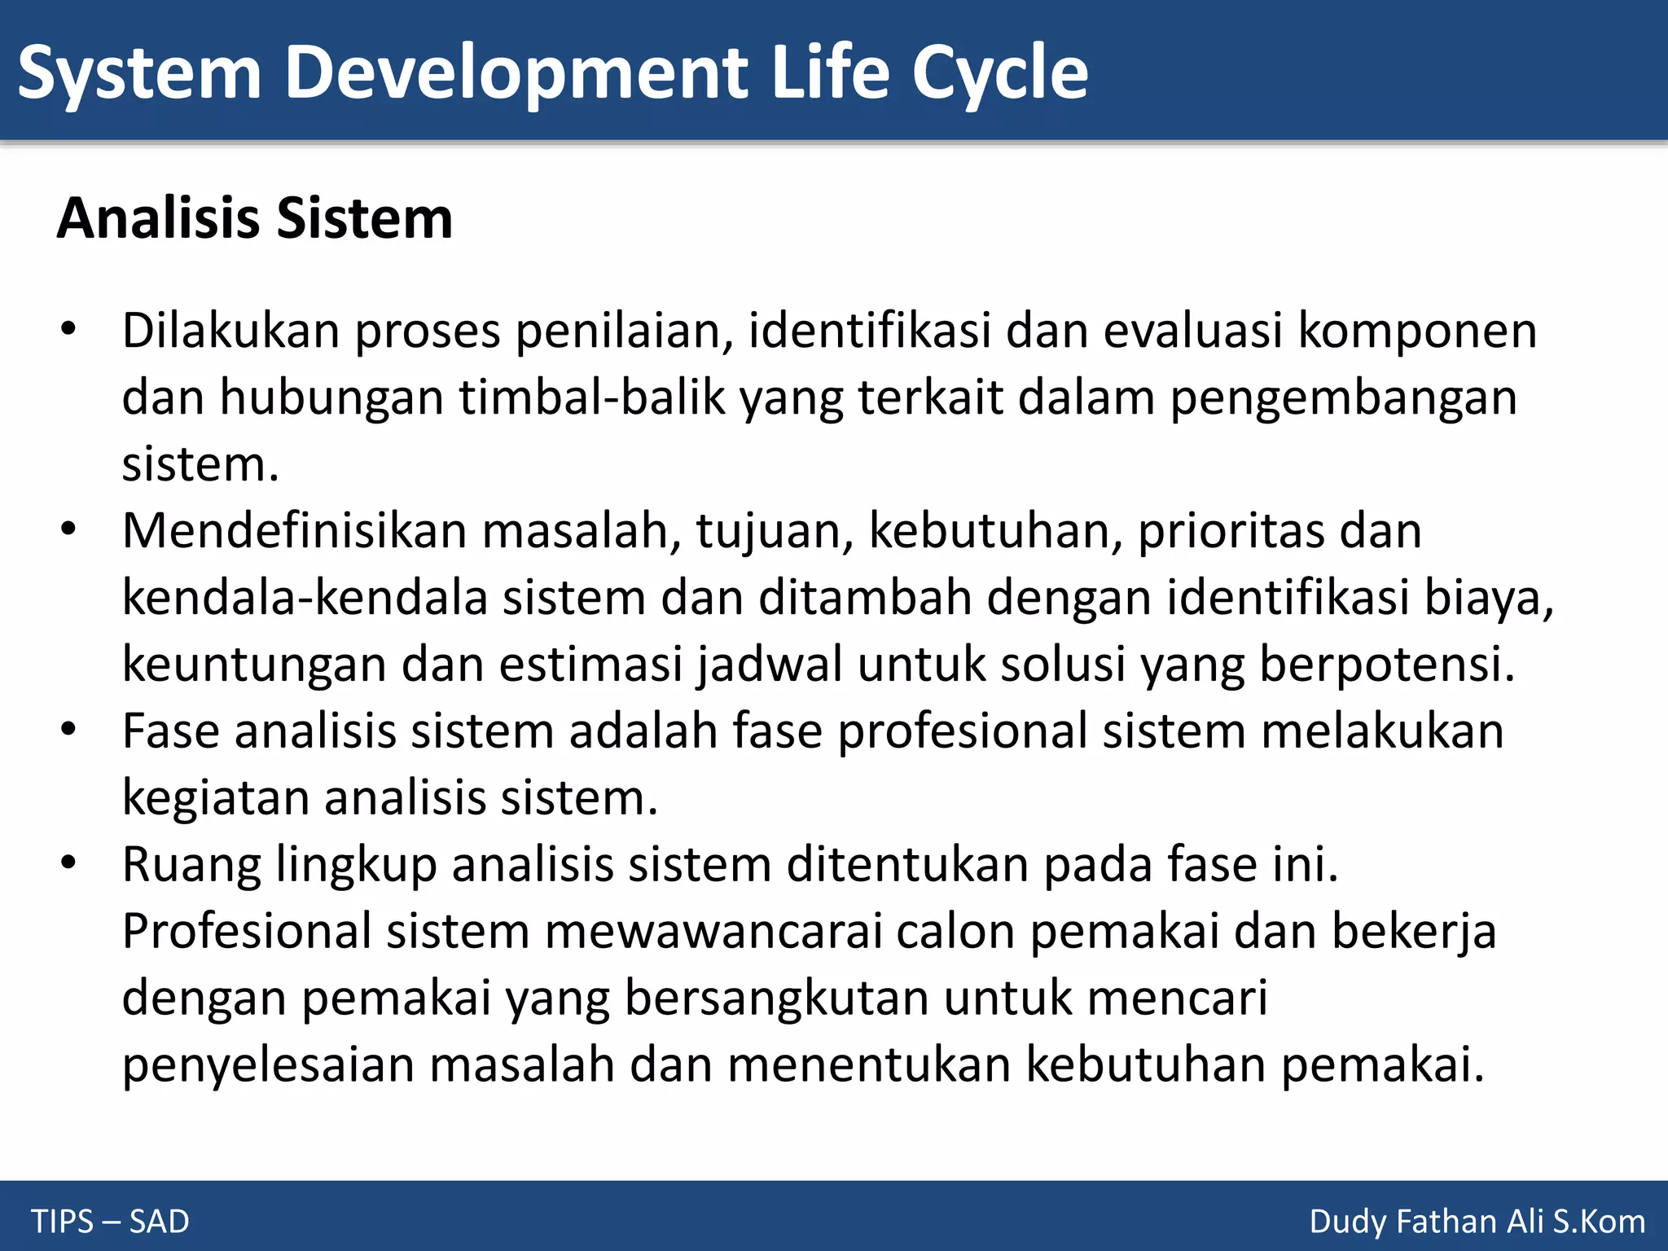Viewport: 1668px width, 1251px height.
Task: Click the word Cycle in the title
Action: [999, 73]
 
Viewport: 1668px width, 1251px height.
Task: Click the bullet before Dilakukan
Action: [68, 330]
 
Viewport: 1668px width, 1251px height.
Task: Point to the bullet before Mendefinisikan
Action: [68, 530]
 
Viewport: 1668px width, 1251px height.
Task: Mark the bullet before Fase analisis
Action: [68, 730]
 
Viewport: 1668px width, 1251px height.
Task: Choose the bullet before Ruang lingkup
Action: [68, 863]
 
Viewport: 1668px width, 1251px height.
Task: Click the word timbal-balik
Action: [592, 397]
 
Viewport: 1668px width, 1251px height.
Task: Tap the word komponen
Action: [1416, 331]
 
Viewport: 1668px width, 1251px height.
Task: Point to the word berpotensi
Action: [1386, 664]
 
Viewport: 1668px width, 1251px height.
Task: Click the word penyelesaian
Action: [268, 1064]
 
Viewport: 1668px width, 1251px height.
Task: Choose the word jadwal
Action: [770, 664]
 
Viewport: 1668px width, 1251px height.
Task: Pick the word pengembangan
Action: [1343, 397]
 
